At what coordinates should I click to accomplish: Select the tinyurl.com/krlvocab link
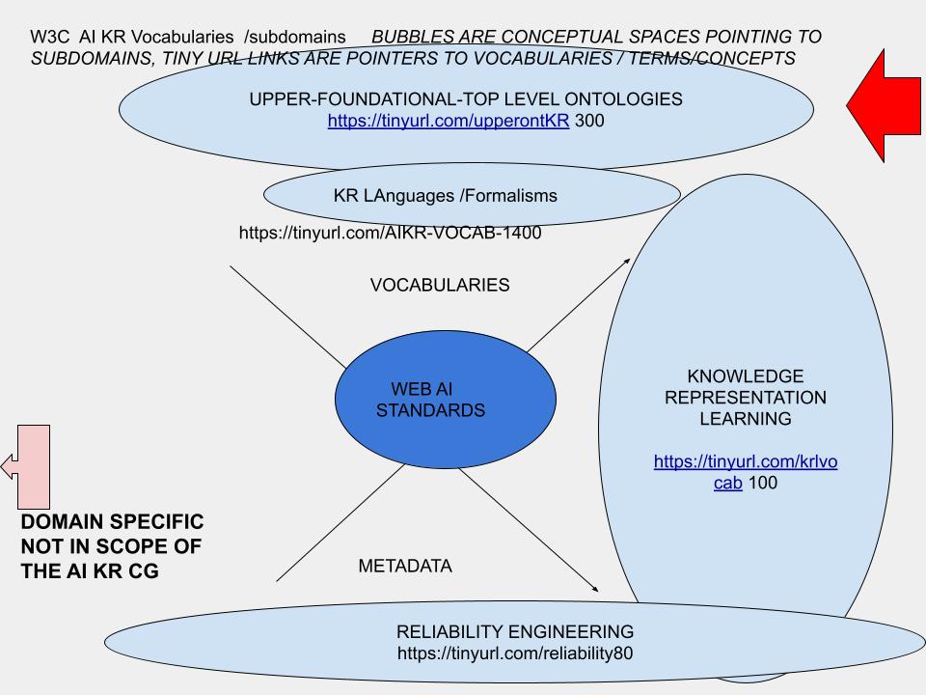coord(745,472)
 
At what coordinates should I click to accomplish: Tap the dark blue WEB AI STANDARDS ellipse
coord(445,400)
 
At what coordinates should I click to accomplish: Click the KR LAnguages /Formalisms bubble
coord(445,196)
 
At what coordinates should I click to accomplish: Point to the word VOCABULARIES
coord(440,285)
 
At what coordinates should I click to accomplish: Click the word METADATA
coord(404,567)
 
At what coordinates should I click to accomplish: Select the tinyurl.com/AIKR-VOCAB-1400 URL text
coord(390,233)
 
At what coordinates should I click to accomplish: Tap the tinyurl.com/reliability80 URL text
coord(515,654)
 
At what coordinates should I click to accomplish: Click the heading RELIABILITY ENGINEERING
coord(515,632)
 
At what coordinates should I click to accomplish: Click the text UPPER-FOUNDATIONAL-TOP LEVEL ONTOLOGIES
coord(466,98)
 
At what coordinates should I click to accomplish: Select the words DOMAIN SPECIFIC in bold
coord(112,522)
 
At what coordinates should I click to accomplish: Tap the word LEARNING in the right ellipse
coord(745,419)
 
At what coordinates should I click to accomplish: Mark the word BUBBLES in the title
coord(411,37)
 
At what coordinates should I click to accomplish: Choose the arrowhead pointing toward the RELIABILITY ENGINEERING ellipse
coord(595,588)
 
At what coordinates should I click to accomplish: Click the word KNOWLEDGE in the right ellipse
coord(745,376)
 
